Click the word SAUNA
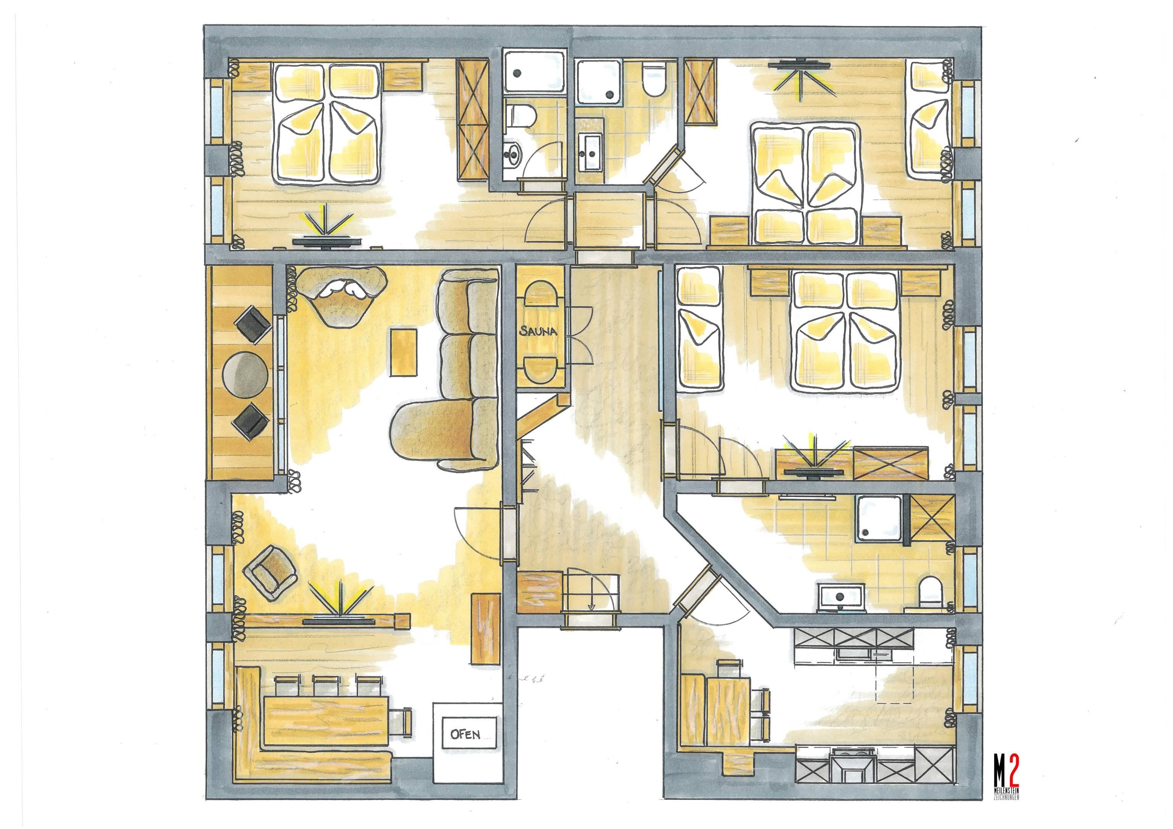click(x=538, y=331)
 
